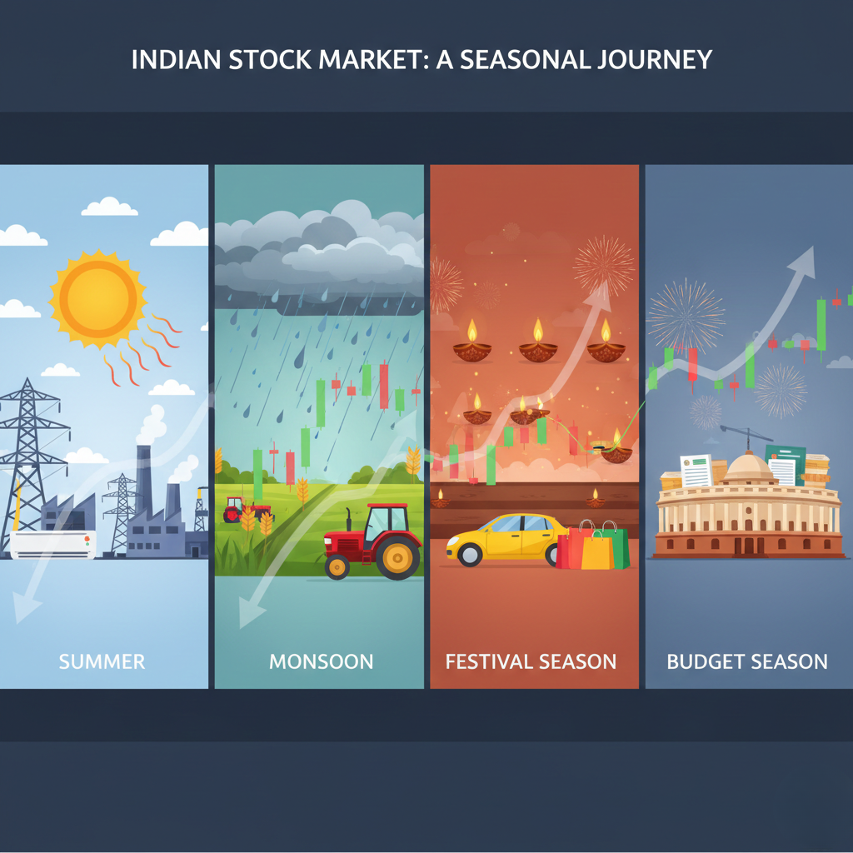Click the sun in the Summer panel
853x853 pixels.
point(97,297)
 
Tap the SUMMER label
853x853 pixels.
point(102,662)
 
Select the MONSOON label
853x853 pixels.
point(321,662)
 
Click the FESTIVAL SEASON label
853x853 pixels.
point(531,662)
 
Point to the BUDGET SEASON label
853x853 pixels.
point(747,662)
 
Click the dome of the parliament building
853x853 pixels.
point(747,468)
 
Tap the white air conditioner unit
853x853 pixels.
point(52,543)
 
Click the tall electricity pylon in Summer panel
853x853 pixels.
point(30,454)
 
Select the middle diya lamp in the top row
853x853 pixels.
point(538,342)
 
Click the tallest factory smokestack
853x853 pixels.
point(143,483)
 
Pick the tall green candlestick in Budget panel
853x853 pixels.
point(821,325)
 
